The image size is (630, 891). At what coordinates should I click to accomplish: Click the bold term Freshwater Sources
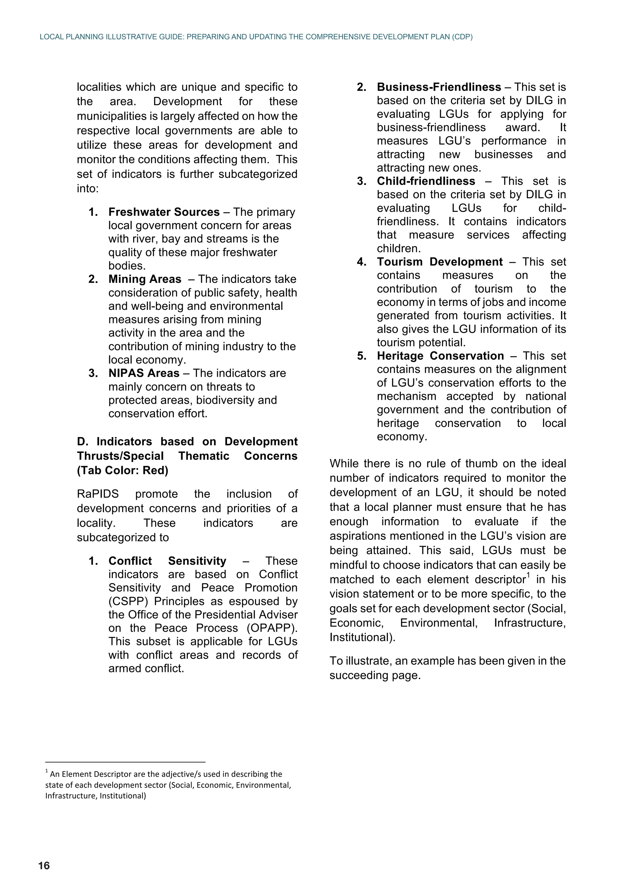click(x=164, y=212)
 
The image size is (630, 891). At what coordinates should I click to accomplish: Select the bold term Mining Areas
click(x=145, y=279)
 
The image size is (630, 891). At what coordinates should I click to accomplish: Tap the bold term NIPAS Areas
click(x=144, y=373)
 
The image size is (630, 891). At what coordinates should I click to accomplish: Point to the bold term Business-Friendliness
click(x=439, y=87)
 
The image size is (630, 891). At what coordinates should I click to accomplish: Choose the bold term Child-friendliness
click(x=425, y=181)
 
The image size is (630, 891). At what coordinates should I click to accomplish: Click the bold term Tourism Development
click(x=439, y=262)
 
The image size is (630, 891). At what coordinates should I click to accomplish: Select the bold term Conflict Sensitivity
click(x=167, y=561)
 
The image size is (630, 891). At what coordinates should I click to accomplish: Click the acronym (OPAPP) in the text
click(x=272, y=628)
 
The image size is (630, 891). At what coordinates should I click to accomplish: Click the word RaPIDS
click(x=98, y=494)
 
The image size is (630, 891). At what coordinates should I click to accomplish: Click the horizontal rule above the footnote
click(x=125, y=761)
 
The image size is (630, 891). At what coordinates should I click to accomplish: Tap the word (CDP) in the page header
click(x=462, y=37)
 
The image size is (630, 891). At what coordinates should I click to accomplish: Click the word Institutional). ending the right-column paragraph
click(x=362, y=637)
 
